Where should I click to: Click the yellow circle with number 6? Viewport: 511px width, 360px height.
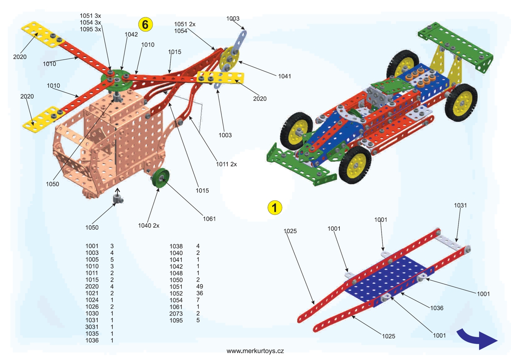(x=145, y=24)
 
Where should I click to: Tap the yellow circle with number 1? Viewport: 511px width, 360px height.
(x=275, y=207)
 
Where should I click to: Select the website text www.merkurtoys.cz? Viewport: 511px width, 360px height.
(x=255, y=351)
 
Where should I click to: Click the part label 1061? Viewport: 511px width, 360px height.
(x=209, y=219)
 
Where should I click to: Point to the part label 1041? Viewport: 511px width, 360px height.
(x=284, y=76)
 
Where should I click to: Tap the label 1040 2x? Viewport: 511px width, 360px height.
(x=149, y=225)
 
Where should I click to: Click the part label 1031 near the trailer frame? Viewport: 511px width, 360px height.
(x=460, y=205)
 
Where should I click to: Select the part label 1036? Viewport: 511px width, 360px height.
(x=437, y=308)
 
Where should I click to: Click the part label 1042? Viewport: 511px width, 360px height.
(x=131, y=34)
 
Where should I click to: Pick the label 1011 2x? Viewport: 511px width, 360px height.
(x=227, y=164)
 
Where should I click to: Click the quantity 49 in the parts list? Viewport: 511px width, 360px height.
(x=200, y=287)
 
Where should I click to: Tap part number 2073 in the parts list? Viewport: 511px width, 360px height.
(x=176, y=314)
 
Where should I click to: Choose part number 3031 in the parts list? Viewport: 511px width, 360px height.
(x=92, y=327)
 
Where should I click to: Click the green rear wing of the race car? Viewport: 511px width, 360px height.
(x=456, y=43)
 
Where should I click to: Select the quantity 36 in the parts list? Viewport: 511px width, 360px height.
(x=200, y=294)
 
